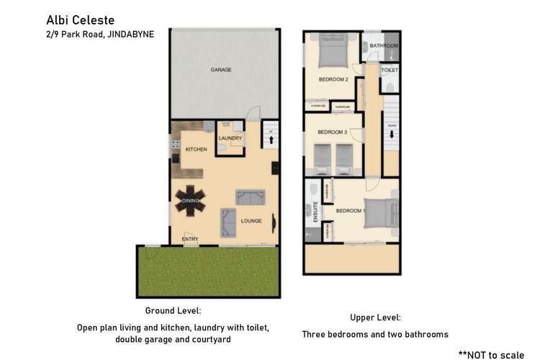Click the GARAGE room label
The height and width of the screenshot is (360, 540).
tap(220, 71)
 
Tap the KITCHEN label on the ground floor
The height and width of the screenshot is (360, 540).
tap(196, 150)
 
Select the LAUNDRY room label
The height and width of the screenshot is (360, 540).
tap(230, 138)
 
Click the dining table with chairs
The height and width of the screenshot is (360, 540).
tap(190, 200)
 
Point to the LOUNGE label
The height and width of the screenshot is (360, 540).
tap(251, 221)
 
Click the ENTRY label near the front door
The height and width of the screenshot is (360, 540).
tap(190, 238)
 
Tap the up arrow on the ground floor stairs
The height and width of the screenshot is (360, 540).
tap(270, 140)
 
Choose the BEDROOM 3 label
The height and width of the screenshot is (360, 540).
tap(332, 132)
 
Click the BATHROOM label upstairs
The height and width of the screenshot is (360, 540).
tap(384, 46)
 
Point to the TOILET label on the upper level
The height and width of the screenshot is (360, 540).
tap(389, 71)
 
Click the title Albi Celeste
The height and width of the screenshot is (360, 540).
tap(80, 19)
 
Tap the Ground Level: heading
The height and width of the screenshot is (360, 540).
tap(173, 310)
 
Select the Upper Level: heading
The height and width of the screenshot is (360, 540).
tap(375, 317)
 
